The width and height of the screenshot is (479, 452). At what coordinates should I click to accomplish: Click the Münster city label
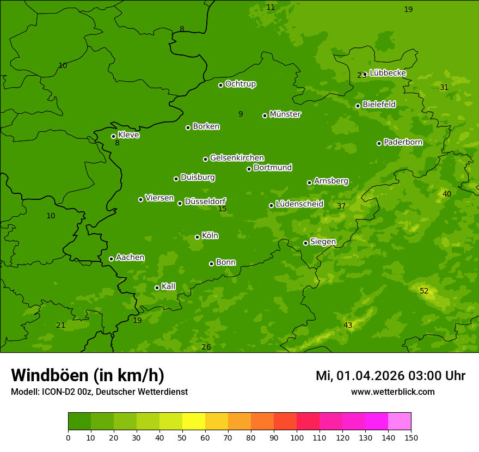[285, 114]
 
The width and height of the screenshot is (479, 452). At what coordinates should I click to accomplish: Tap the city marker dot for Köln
[197, 237]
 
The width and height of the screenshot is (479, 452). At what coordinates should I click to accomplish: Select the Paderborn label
[403, 142]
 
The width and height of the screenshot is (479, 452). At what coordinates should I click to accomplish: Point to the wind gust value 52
[424, 291]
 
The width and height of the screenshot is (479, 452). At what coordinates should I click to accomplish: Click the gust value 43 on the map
[348, 325]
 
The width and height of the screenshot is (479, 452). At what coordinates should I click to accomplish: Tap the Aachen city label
[130, 257]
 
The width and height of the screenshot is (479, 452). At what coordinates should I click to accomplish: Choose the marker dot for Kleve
[113, 136]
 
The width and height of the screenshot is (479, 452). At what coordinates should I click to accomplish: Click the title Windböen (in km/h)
[88, 375]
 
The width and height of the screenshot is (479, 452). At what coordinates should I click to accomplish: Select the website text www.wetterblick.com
[392, 392]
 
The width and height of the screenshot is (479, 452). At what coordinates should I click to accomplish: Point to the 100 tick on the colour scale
[297, 437]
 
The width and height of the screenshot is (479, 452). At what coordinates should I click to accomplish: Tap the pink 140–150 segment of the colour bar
[400, 422]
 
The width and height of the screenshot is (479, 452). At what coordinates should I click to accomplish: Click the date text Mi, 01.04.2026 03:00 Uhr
[390, 376]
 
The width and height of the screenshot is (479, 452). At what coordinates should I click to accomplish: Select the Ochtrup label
[240, 84]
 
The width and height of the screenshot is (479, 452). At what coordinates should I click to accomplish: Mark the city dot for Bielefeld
[358, 106]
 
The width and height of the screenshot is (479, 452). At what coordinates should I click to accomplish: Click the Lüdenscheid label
[299, 204]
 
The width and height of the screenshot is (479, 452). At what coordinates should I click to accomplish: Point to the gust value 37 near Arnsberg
[341, 206]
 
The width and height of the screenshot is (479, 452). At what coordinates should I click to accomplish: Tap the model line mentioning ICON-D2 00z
[99, 392]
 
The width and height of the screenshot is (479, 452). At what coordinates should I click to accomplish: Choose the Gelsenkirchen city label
[237, 158]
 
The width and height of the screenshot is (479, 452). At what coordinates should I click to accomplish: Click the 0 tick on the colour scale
[68, 437]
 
